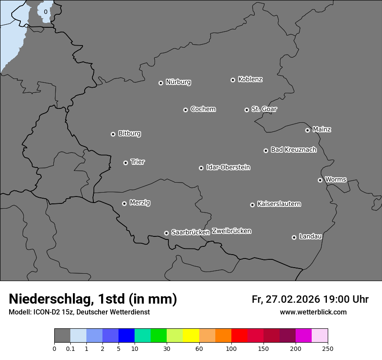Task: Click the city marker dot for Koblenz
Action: pos(233,80)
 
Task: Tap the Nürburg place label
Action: pos(178,82)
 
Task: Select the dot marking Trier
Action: pos(125,163)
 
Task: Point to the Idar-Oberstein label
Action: pos(228,167)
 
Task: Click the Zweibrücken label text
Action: pos(231,231)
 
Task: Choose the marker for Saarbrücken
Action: pos(166,233)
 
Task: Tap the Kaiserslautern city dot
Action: pos(252,205)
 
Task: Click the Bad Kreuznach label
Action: pos(293,150)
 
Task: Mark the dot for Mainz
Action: pos(307,130)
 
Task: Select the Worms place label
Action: pos(336,180)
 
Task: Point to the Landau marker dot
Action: pos(294,237)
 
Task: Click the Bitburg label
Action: pos(129,134)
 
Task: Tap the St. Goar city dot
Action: pos(247,110)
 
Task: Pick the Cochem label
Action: pos(203,109)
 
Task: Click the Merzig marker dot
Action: pos(124,203)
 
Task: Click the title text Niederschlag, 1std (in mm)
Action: pos(93,299)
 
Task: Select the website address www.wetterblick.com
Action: pos(313,312)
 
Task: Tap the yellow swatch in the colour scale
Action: pos(191,336)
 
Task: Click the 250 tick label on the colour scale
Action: pos(327,348)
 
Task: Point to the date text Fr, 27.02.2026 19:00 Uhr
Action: pos(310,299)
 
